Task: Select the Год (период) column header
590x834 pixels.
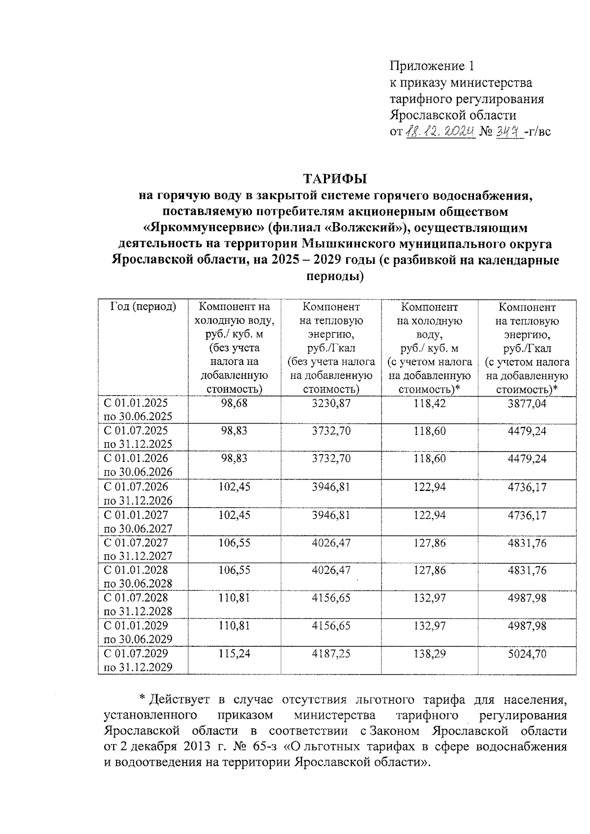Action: [x=143, y=307]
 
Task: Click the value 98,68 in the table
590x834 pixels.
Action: [x=235, y=403]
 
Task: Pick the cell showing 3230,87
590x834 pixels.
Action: [x=331, y=403]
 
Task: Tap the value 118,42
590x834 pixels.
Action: [x=429, y=403]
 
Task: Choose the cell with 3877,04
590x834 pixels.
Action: [x=528, y=403]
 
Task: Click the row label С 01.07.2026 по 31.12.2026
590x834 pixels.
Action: [x=138, y=493]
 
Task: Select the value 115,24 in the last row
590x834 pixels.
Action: [x=235, y=654]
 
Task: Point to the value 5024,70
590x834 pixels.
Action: [x=528, y=654]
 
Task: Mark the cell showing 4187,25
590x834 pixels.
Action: [x=331, y=654]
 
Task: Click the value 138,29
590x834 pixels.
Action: [x=429, y=654]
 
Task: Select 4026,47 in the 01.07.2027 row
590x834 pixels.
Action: [x=331, y=543]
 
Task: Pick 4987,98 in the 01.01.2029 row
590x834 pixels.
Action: [x=528, y=626]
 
